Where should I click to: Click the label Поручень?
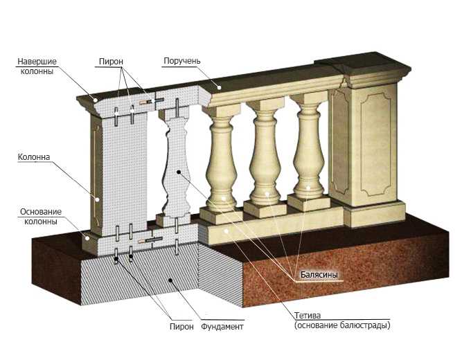pos(181,61)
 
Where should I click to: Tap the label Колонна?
pos(34,157)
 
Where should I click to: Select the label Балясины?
pos(319,275)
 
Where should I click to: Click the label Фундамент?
pos(222,326)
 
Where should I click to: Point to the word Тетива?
pos(308,316)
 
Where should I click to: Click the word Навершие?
pos(37,62)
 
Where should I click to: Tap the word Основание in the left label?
pos(41,212)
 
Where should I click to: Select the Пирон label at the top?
pos(111,62)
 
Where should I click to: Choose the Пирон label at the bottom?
pos(181,326)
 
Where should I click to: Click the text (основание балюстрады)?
pos(342,325)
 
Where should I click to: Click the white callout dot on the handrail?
pos(219,87)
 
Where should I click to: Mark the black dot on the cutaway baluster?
pos(178,172)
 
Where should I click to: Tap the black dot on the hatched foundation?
pos(170,280)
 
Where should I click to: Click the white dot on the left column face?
pos(97,199)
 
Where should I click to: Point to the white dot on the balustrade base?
pos(226,231)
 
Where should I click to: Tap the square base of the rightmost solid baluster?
pos(309,202)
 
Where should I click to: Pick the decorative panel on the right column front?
pos(376,144)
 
